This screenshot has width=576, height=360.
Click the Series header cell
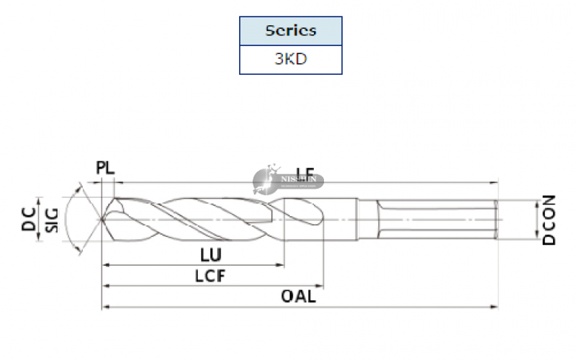291,31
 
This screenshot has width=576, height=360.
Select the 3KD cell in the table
291,60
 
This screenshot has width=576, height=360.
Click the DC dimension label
29,219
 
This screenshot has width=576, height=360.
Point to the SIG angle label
51,219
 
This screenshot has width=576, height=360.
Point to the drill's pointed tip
103,219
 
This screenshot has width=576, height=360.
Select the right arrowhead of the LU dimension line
282,265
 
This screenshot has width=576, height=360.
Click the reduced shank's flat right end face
498,219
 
